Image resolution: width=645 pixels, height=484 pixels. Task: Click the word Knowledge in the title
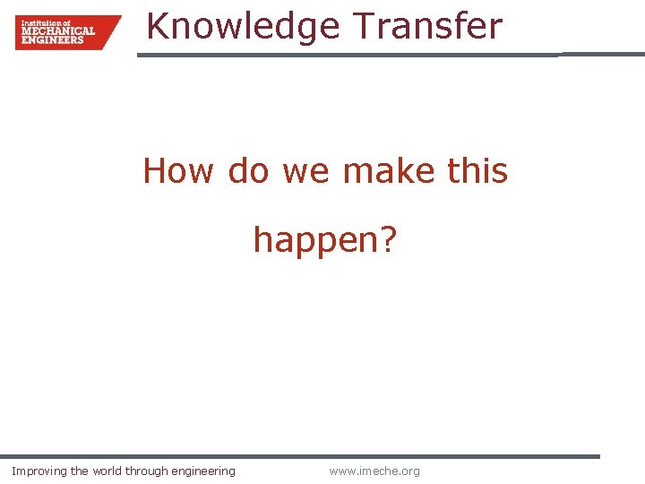tap(243, 27)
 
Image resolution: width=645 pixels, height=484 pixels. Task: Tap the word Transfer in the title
tap(427, 27)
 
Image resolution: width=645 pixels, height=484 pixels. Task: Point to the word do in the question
tap(248, 170)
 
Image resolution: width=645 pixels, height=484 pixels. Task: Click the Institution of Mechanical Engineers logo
tap(67, 31)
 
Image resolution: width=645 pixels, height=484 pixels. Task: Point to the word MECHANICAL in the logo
tap(57, 31)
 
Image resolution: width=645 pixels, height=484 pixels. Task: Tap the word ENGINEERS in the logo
tap(52, 39)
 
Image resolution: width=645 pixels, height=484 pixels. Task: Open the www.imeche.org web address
tap(374, 471)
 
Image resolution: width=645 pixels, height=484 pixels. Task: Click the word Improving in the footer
tap(39, 471)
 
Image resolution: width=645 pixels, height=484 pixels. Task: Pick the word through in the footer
tap(147, 471)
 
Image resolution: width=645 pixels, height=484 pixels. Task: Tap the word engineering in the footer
tap(203, 471)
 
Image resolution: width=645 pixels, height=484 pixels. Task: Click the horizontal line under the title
tap(358, 55)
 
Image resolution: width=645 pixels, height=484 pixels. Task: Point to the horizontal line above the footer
tap(300, 456)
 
